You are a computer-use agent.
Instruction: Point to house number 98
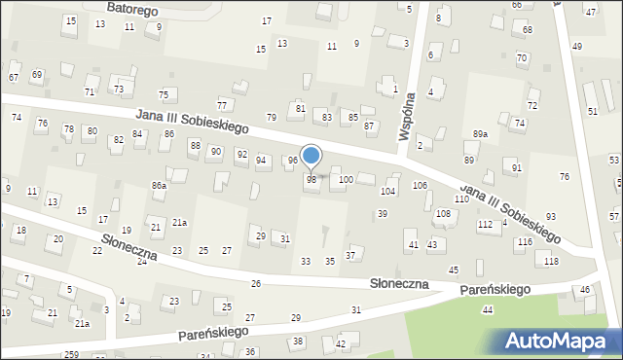(x=311, y=179)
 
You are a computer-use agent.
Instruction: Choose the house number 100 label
(x=346, y=179)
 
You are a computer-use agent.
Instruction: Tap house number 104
(x=387, y=192)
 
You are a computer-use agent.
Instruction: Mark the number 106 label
(x=421, y=185)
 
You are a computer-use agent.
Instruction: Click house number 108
(x=443, y=213)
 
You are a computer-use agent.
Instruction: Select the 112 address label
(x=484, y=225)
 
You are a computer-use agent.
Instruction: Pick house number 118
(x=552, y=262)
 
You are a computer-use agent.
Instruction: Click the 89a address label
(x=481, y=133)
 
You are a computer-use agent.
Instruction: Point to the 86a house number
(x=159, y=185)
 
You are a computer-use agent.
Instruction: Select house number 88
(x=195, y=145)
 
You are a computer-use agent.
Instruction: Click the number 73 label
(x=119, y=89)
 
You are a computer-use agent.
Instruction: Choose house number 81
(x=301, y=108)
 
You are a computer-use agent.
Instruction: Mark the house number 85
(x=352, y=118)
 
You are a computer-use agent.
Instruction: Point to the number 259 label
(x=71, y=354)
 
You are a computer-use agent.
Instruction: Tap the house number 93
(x=551, y=216)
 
